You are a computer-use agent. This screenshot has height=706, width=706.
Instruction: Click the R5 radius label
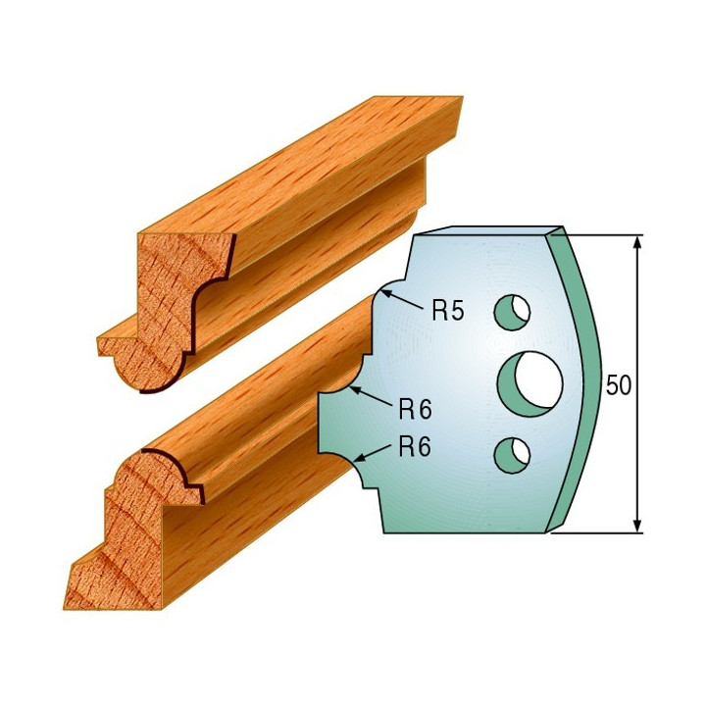tap(447, 311)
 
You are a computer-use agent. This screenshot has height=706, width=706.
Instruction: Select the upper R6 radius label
tap(415, 409)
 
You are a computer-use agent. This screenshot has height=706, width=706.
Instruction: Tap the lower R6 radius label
tap(415, 446)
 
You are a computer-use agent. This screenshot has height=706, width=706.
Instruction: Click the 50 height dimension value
tap(619, 384)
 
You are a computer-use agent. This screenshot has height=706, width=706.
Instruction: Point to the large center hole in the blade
tap(530, 383)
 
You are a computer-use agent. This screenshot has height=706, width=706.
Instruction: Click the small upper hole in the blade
tap(512, 312)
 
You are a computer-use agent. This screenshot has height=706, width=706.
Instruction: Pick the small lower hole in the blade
tap(512, 455)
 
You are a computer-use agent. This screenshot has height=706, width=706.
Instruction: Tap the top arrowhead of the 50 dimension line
tap(636, 243)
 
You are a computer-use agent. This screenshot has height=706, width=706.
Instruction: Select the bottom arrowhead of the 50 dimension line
tap(636, 525)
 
